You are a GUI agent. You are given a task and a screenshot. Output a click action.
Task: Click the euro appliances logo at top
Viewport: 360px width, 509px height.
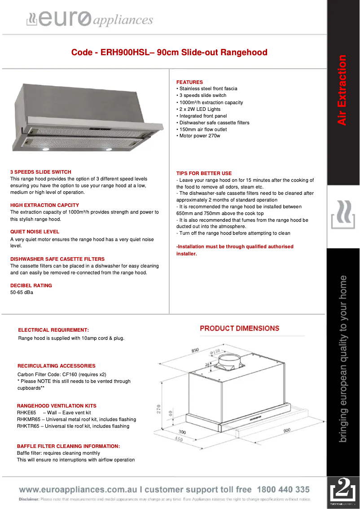point(90,19)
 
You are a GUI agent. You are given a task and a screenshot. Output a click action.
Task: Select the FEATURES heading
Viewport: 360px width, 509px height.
point(189,82)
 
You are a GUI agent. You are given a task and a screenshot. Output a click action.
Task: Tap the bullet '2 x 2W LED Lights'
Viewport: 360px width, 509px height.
point(200,109)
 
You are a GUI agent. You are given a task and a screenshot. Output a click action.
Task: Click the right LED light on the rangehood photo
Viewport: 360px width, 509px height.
point(108,149)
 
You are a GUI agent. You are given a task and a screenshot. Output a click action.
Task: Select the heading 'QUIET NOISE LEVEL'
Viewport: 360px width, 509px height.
point(35,232)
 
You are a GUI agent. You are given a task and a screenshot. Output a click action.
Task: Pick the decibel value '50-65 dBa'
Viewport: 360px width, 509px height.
point(22,293)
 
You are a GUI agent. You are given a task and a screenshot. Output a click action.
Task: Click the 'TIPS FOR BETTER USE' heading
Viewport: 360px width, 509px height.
point(204,173)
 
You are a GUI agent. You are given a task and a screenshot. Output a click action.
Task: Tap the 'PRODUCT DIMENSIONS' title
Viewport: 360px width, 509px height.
point(239,329)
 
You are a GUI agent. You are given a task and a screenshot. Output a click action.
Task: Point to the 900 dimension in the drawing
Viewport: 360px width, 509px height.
point(287,430)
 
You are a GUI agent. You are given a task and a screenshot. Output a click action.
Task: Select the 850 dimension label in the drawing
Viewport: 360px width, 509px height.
point(195,351)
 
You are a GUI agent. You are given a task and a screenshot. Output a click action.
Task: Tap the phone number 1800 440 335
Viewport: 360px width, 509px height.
point(283,490)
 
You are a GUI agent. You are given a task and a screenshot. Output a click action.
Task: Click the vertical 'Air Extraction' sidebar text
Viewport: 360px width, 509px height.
point(342,90)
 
